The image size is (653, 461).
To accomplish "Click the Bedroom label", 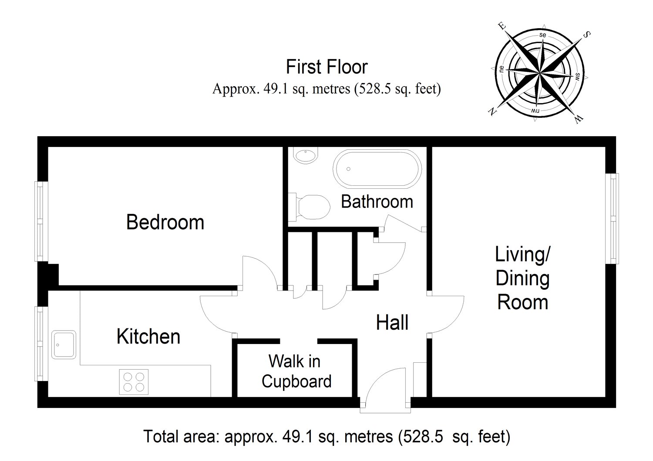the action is [165, 222].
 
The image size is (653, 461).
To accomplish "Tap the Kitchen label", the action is [148, 336].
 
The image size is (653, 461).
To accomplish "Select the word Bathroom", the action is [377, 201].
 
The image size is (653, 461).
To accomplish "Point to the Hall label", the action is [392, 322].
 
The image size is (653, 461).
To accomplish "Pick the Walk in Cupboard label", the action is [296, 371].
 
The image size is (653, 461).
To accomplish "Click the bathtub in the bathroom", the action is [377, 168].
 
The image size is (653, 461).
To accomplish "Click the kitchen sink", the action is [64, 344].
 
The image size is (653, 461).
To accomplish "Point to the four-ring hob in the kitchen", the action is [134, 382].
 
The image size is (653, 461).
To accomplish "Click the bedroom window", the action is [41, 221].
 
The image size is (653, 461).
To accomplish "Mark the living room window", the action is [612, 219].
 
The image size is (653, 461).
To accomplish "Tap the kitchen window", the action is [41, 343].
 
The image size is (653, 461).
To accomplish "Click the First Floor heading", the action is [326, 67].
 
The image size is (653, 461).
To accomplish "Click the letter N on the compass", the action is [492, 111].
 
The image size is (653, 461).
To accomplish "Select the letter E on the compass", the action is [502, 26].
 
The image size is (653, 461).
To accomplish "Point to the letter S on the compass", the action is [586, 34].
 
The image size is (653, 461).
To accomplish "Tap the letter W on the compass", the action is [579, 119].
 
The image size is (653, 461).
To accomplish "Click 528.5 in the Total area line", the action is [423, 437].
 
